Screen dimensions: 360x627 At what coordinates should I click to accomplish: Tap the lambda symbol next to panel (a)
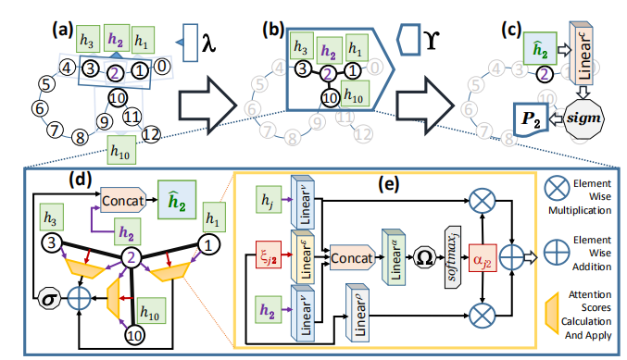click(x=211, y=42)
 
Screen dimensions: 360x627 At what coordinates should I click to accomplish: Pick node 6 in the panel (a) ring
click(x=39, y=108)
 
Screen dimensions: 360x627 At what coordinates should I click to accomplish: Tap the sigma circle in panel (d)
click(x=41, y=300)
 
